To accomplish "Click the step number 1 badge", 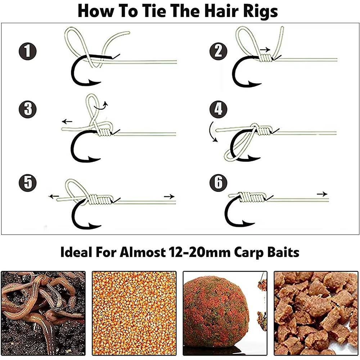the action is (x=28, y=51).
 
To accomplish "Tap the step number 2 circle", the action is (x=219, y=51).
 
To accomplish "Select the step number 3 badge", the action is (x=28, y=109).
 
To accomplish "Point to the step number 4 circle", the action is (x=219, y=109).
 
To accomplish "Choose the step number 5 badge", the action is (x=28, y=183).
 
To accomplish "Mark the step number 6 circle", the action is (x=219, y=183).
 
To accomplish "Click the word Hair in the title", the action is (x=221, y=11).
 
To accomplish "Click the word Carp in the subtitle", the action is (x=248, y=253).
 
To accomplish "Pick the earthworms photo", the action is (x=43, y=313).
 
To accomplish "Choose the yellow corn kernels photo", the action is (x=134, y=313).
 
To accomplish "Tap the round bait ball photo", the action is (x=225, y=313).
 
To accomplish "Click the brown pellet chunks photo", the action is (x=316, y=313).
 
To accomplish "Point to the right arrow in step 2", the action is (x=265, y=49).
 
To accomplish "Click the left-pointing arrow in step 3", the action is (x=67, y=121).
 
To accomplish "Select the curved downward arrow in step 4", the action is (x=212, y=132).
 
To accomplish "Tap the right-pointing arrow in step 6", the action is (x=322, y=194).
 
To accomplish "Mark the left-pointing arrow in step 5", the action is (x=54, y=196).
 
